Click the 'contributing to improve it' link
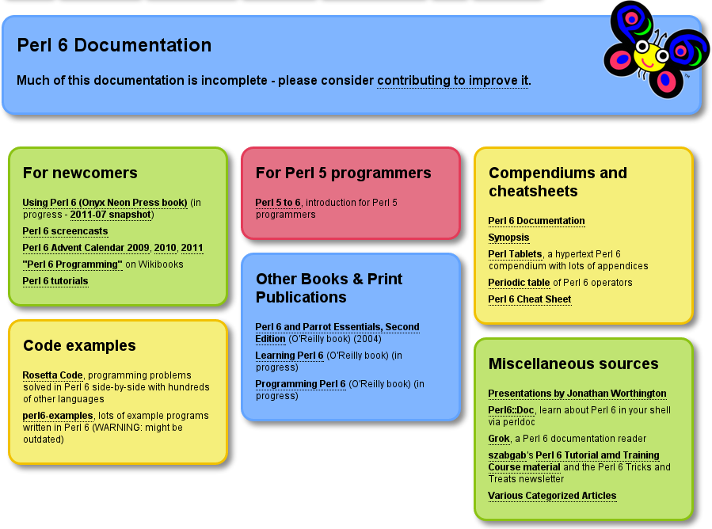[x=453, y=80]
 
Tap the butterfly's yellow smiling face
[x=649, y=56]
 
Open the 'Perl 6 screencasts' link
[x=65, y=231]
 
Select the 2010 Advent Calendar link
[x=165, y=248]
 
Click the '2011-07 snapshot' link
[x=110, y=215]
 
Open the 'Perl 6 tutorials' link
[x=55, y=281]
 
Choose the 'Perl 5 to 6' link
[x=278, y=203]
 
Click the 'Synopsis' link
[x=508, y=238]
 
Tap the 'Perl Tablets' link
[x=515, y=254]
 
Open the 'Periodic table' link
[x=519, y=283]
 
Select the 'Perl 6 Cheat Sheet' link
[x=530, y=299]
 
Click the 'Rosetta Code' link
[x=53, y=375]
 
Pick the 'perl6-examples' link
[x=58, y=416]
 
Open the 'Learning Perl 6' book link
[x=289, y=355]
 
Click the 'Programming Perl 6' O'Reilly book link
[x=300, y=384]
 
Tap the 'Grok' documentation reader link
[x=499, y=439]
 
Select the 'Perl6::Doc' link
[x=511, y=410]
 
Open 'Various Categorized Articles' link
[x=552, y=496]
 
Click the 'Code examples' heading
[x=79, y=345]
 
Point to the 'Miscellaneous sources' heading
[x=573, y=363]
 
